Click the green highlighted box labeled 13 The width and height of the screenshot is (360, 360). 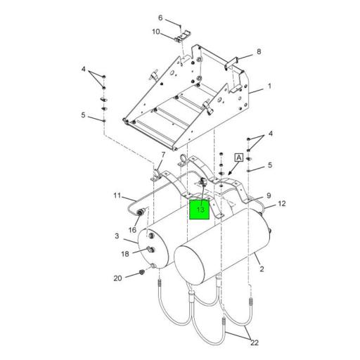click(200, 209)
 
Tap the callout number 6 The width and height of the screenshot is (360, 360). click(160, 18)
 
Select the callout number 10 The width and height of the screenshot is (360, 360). click(156, 32)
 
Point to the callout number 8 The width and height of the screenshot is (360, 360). click(258, 51)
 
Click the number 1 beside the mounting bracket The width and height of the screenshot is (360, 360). click(269, 89)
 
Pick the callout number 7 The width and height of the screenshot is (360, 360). click(162, 155)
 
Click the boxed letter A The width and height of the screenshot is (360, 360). click(239, 159)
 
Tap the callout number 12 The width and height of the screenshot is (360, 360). click(282, 204)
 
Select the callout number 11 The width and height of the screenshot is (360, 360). click(117, 195)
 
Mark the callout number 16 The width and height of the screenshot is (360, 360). click(131, 230)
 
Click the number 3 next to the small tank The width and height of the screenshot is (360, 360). click(117, 238)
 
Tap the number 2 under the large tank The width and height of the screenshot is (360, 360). click(262, 269)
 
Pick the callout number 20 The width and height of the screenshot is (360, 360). click(118, 278)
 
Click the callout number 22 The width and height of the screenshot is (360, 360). click(253, 342)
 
